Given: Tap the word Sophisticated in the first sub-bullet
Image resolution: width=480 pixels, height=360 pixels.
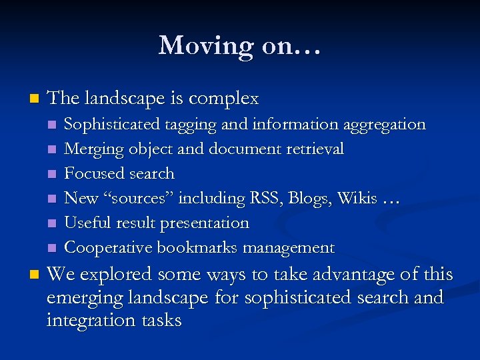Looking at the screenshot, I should click(x=112, y=125).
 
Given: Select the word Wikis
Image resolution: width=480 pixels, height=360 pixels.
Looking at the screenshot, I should click(x=357, y=199).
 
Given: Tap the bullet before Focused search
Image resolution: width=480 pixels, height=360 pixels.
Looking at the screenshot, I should click(x=53, y=175).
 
